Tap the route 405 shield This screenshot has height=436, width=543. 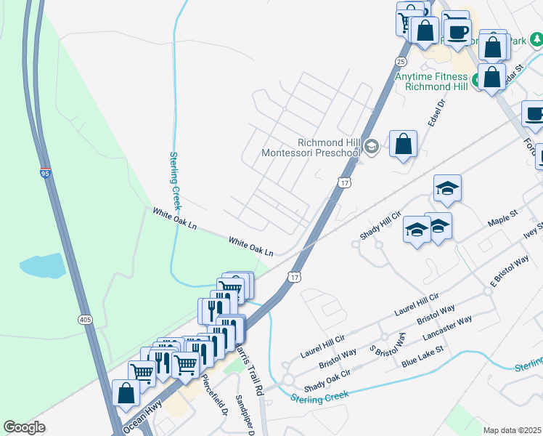(x=85, y=319)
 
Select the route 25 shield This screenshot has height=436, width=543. (x=400, y=60)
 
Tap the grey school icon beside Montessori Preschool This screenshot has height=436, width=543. (x=372, y=147)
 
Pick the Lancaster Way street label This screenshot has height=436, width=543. (x=448, y=328)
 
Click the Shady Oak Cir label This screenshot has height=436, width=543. (x=327, y=378)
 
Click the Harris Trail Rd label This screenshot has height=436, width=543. (x=248, y=369)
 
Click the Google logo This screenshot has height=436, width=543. (x=25, y=427)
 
